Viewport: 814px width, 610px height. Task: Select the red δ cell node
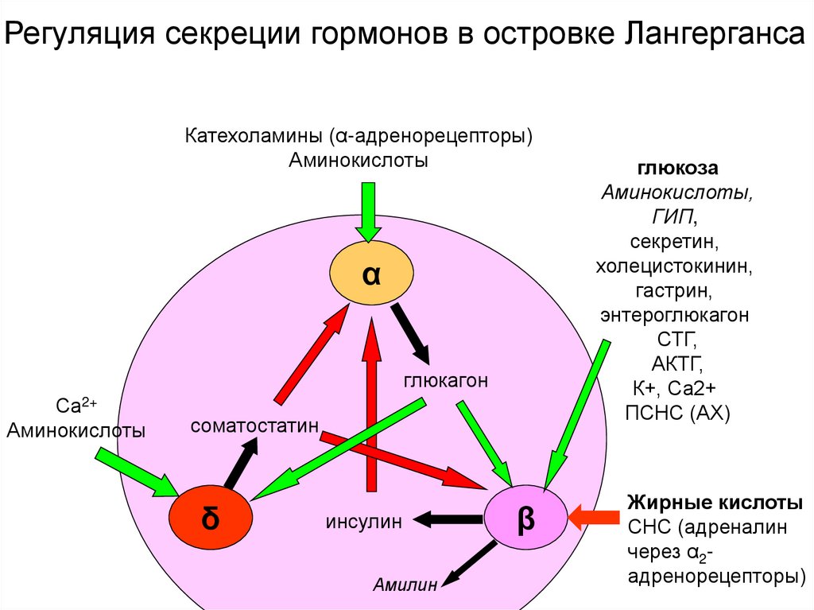pyautogui.click(x=210, y=518)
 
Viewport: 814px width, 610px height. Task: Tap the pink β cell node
pyautogui.click(x=526, y=519)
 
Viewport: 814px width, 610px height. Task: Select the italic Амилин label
pyautogui.click(x=406, y=586)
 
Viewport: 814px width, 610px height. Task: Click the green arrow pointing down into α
pyautogui.click(x=368, y=211)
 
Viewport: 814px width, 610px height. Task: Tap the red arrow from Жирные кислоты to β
pyautogui.click(x=595, y=517)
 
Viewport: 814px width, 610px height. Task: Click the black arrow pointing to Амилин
pyautogui.click(x=470, y=566)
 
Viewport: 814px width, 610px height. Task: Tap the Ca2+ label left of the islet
pyautogui.click(x=76, y=406)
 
